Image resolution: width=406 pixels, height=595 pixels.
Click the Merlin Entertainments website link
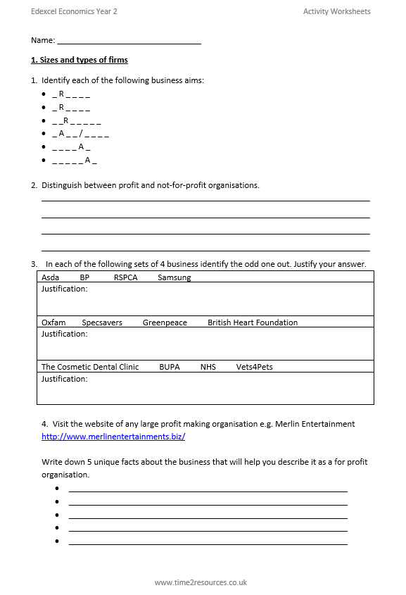(113, 437)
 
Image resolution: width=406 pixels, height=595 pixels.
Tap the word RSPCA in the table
(125, 277)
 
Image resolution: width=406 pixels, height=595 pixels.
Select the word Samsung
(174, 277)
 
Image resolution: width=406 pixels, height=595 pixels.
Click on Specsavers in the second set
(102, 322)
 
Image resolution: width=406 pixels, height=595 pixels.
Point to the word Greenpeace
(165, 322)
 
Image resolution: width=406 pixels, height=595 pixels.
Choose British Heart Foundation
(253, 322)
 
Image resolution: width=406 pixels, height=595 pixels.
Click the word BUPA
(170, 367)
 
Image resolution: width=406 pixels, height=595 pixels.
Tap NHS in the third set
(208, 367)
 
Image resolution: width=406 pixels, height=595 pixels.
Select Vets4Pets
(254, 367)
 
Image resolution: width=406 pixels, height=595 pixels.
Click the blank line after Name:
(129, 42)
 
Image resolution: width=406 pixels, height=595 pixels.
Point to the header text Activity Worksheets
(336, 11)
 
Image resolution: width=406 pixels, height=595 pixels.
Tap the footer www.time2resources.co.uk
(201, 582)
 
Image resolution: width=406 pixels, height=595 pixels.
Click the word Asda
(51, 277)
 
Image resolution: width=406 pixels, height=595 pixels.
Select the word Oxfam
(53, 322)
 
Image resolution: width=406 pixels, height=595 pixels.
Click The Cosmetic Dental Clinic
(90, 367)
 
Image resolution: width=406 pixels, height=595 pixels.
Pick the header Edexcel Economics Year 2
(74, 11)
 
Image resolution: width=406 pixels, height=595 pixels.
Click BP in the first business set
(84, 277)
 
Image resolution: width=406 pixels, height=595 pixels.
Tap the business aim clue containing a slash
(80, 134)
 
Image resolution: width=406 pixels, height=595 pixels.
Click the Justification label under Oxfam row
(65, 334)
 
